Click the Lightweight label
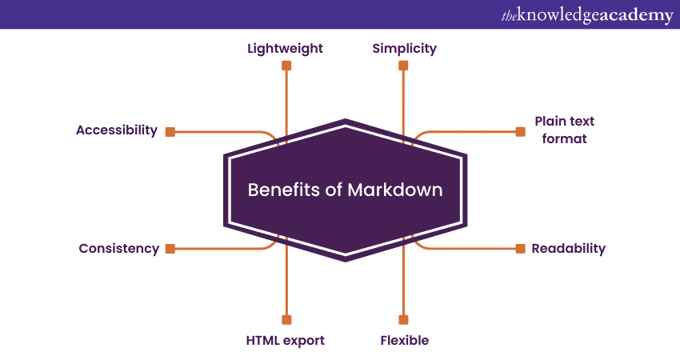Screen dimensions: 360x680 click(x=285, y=48)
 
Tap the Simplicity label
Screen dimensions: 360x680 click(x=404, y=48)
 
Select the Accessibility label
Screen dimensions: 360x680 click(x=117, y=130)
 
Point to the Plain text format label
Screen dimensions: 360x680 click(x=565, y=130)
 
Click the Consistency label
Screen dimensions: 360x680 click(x=118, y=248)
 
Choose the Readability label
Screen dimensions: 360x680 click(x=568, y=248)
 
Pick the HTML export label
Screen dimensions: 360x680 click(x=285, y=340)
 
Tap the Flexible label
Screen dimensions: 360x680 click(x=404, y=340)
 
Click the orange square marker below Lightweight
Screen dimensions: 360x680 click(x=286, y=66)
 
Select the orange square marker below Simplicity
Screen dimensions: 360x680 click(x=403, y=66)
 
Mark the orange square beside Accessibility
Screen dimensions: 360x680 click(x=170, y=131)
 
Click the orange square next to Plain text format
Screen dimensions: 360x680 click(x=520, y=131)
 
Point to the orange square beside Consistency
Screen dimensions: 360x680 click(x=170, y=249)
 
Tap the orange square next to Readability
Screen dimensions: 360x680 click(x=520, y=249)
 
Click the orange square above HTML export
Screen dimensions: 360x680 click(x=286, y=319)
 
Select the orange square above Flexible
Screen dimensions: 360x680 click(x=403, y=319)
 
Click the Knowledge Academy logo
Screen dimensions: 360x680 click(x=587, y=15)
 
